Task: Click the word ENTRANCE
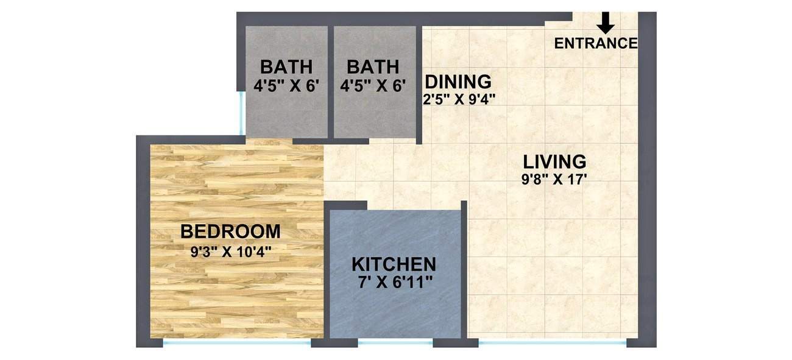[x=596, y=43]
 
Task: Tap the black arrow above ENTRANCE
[x=606, y=23]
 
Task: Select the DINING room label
[x=458, y=81]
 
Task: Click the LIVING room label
[x=554, y=162]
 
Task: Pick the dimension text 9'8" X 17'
[x=554, y=180]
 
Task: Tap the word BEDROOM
[x=230, y=231]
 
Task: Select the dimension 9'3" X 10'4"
[x=230, y=251]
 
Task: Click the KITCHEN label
[x=394, y=264]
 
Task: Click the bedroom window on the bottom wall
[x=237, y=344]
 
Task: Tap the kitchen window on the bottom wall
[x=395, y=344]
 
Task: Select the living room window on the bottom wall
[x=552, y=344]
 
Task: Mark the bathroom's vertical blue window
[x=242, y=112]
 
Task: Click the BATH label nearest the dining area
[x=373, y=66]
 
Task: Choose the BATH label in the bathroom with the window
[x=286, y=66]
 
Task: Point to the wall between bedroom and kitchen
[x=327, y=274]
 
